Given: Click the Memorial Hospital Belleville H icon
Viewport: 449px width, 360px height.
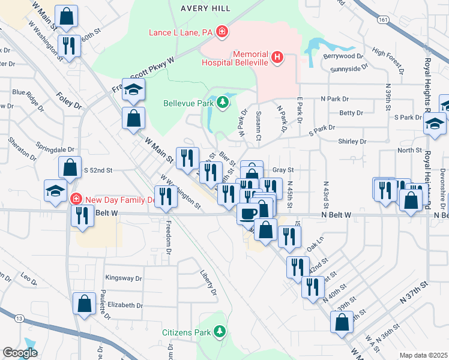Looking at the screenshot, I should (277, 58).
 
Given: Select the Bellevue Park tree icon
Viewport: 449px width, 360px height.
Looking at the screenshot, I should (223, 103).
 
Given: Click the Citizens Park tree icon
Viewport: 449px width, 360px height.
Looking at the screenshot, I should (221, 331).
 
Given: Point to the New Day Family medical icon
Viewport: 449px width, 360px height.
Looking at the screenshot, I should (76, 199).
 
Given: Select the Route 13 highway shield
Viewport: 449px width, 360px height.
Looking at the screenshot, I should (20, 317).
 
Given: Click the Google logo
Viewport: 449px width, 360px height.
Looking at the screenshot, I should (20, 353).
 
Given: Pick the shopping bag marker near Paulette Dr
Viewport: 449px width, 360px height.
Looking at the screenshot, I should (84, 303).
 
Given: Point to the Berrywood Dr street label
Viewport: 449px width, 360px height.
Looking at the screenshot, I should (344, 56).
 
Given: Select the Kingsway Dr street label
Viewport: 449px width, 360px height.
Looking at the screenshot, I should (123, 278).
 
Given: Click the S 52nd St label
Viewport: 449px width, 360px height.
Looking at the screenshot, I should (98, 170).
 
